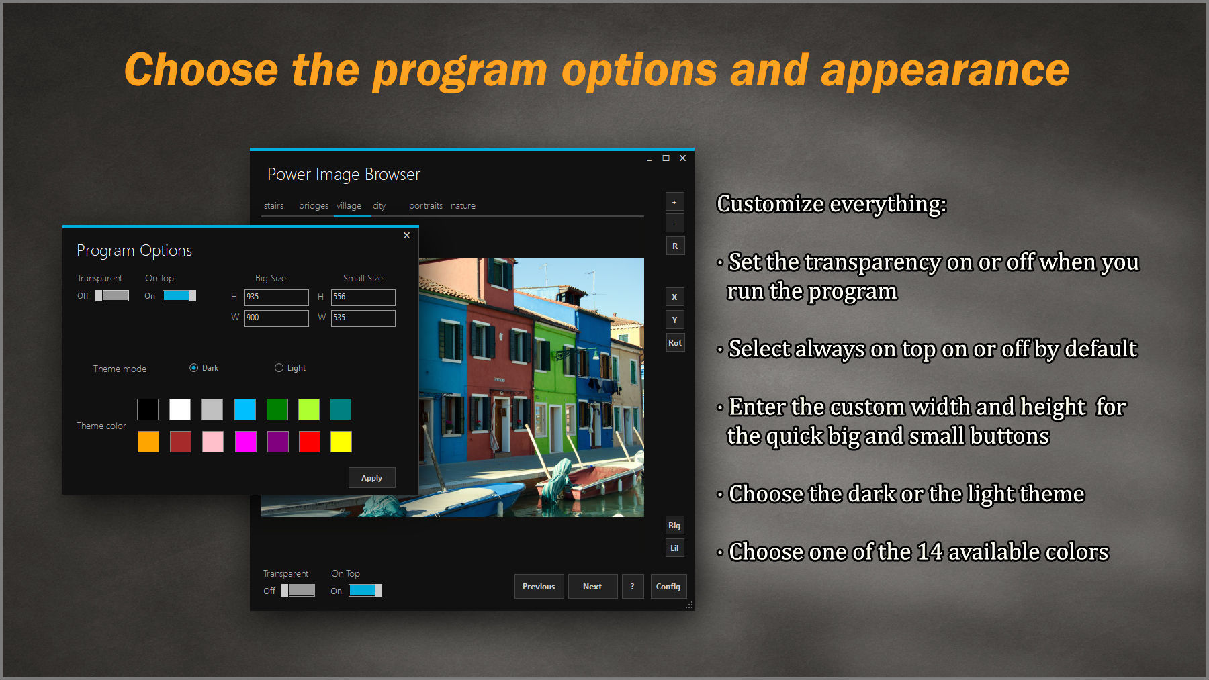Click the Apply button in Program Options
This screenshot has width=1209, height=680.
371,478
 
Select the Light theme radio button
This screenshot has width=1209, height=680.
279,368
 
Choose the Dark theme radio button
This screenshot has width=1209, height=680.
194,368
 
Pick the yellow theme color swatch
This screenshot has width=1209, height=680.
341,442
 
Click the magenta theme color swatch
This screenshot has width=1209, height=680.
245,442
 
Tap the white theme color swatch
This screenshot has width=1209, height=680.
180,409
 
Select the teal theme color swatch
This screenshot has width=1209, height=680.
341,409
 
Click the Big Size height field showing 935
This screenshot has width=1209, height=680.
276,297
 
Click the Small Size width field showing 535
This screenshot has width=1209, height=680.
363,318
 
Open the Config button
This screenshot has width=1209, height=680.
668,587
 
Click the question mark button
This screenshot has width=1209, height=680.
632,587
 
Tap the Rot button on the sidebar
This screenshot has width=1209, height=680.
674,343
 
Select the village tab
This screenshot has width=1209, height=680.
349,206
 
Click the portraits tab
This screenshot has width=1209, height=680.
425,206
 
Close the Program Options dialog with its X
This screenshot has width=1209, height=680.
406,236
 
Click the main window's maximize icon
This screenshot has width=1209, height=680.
666,158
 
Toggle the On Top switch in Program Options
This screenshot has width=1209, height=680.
179,296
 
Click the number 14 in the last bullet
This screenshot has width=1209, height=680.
930,552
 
